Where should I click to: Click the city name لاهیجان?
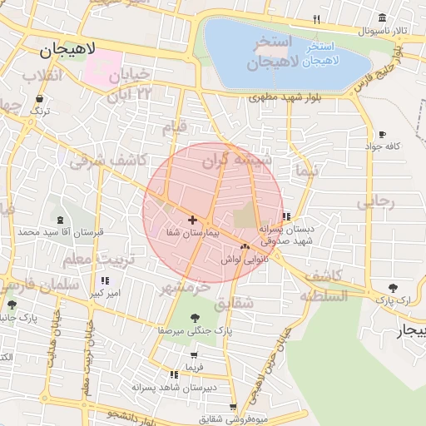click(68, 50)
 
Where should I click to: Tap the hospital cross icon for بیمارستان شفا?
click(193, 220)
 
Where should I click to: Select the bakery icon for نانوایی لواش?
click(245, 246)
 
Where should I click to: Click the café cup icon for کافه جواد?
click(382, 134)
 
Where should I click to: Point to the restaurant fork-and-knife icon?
click(316, 19)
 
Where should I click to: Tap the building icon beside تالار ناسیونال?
click(382, 18)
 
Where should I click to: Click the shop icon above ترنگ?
click(39, 98)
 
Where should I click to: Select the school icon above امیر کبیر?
click(105, 280)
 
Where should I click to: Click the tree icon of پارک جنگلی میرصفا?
click(195, 318)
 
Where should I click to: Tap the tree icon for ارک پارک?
click(392, 287)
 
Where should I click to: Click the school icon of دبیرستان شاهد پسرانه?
click(173, 375)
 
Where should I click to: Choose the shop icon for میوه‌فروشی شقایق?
click(232, 407)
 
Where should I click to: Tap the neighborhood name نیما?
click(306, 171)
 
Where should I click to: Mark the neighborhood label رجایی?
click(376, 202)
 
